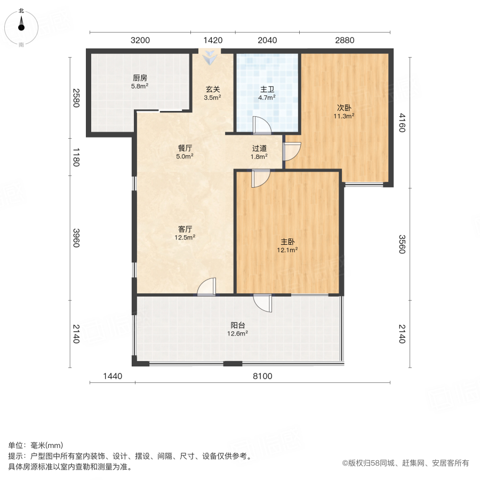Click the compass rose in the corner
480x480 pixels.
coord(21,27)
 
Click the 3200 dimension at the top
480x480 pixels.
coord(140,40)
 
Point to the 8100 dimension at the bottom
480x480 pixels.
coord(262,376)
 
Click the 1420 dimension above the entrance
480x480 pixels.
coord(213,40)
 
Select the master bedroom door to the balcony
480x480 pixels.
coord(262,302)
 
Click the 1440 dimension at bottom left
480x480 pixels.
coord(113,376)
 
